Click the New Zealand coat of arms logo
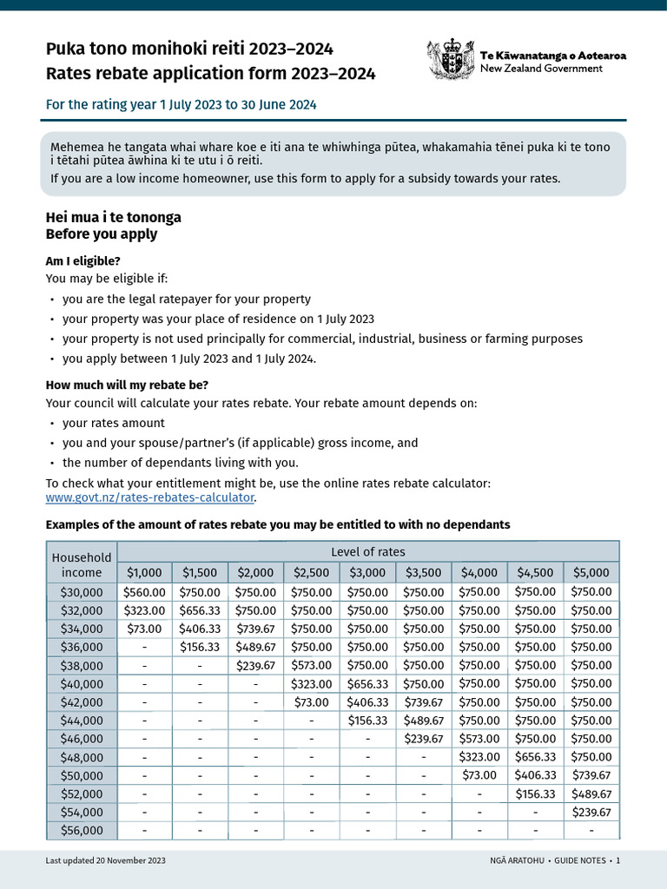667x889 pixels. pos(450,60)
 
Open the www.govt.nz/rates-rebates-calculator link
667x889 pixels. pos(150,497)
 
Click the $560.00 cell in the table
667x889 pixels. pos(144,591)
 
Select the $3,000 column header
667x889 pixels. pos(367,572)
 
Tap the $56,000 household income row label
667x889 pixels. pos(82,831)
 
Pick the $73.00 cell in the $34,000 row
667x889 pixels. pos(144,629)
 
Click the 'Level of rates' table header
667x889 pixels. pos(367,552)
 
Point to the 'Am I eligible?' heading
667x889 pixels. pos(83,260)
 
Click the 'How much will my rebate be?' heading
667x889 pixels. pos(127,385)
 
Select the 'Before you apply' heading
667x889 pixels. pos(102,234)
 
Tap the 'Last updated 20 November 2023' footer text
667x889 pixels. pos(105,860)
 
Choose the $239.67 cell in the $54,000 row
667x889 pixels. pos(591,813)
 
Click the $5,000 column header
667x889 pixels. pos(591,572)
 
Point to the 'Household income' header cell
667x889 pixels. pos(82,564)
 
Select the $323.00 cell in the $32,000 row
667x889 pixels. pos(144,610)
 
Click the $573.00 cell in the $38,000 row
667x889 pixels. pos(312,665)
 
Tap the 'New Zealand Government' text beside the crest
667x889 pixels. pos(541,69)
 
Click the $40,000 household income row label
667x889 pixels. pos(82,683)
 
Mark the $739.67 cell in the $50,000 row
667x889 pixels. pos(591,775)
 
